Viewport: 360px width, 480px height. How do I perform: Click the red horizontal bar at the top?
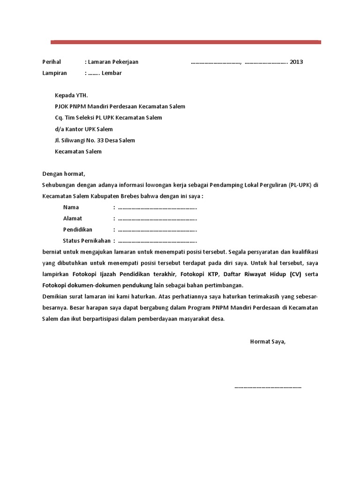point(186,42)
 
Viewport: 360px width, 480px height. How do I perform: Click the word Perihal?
point(52,62)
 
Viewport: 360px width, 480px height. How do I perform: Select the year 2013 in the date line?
point(296,62)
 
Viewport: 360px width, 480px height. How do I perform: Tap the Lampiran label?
point(54,73)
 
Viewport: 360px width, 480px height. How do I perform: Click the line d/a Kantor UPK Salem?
point(84,129)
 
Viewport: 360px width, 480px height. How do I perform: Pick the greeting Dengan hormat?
point(64,173)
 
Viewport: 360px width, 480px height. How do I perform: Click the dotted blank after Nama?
point(157,207)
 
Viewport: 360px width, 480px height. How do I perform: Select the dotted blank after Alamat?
point(157,218)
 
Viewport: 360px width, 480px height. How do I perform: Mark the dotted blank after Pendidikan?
point(157,230)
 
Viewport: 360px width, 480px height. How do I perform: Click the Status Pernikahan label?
point(87,241)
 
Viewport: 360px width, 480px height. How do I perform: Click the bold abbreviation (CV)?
point(296,274)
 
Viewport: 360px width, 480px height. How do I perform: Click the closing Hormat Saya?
point(268,341)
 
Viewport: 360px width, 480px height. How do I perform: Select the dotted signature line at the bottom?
point(268,387)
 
